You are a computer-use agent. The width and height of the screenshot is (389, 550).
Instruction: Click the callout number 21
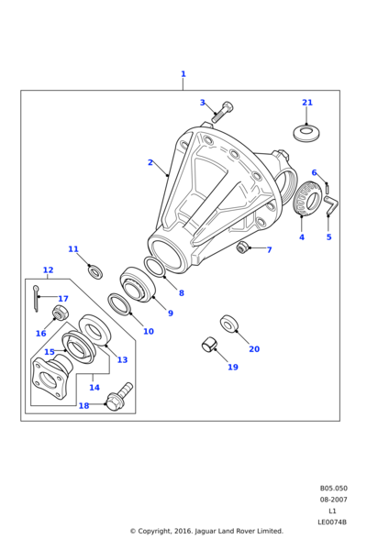[x=307, y=103]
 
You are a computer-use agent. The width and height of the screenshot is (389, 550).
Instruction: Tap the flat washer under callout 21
[x=306, y=133]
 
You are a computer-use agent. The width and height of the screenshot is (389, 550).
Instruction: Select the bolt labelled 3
[x=222, y=112]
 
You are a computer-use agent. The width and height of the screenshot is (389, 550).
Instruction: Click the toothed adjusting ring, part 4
[x=307, y=198]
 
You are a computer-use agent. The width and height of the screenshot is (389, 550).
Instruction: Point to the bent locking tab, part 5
[x=331, y=204]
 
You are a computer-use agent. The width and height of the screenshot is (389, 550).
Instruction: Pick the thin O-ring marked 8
[x=155, y=267]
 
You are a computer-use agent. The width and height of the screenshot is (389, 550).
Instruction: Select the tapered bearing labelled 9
[x=138, y=284]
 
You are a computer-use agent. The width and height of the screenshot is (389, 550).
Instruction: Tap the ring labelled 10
[x=120, y=303]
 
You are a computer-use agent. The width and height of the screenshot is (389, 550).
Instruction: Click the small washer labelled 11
[x=95, y=272]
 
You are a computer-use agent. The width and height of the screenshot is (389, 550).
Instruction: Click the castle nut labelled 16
[x=60, y=313]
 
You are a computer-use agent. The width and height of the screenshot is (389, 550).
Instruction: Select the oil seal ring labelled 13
[x=94, y=330]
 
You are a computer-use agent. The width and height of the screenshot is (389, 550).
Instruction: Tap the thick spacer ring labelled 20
[x=229, y=324]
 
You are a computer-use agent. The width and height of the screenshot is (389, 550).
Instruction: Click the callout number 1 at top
[x=183, y=74]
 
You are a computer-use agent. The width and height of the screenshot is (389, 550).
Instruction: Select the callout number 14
[x=94, y=387]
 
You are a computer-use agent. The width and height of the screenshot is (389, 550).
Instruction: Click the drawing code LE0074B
[x=332, y=522]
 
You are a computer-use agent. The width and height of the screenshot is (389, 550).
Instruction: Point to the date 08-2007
[x=333, y=500]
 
